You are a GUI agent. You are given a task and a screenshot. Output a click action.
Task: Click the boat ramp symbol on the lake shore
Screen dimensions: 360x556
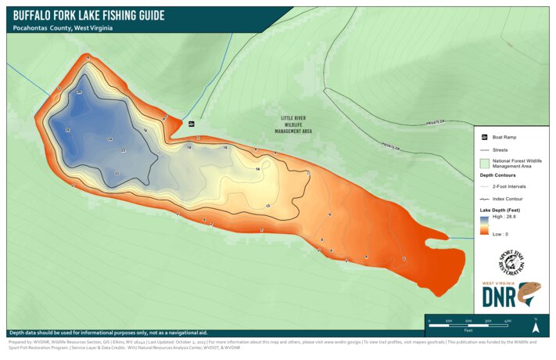[191, 124]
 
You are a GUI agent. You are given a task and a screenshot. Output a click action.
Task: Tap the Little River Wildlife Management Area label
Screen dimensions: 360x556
[293, 125]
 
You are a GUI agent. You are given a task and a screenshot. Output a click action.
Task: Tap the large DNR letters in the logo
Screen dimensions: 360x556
[499, 297]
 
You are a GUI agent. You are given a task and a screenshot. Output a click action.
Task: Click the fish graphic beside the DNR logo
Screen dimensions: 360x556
[529, 295]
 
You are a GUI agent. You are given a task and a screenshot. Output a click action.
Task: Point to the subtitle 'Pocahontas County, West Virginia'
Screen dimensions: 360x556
[63, 28]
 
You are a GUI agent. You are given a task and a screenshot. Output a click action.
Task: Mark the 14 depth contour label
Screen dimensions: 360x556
[257, 169]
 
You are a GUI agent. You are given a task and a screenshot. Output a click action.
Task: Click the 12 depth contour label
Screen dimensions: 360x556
[268, 205]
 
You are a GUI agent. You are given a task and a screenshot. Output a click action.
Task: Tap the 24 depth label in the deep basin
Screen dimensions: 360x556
[110, 139]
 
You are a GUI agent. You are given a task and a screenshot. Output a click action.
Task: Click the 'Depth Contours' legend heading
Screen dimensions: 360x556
[497, 176]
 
